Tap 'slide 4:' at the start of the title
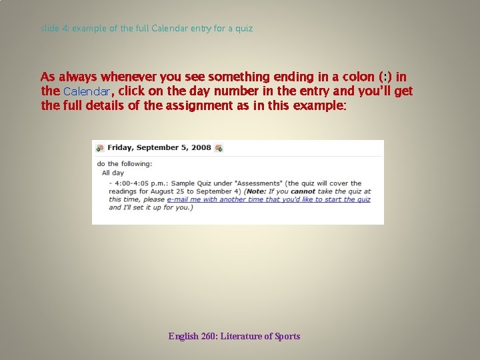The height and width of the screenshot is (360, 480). tap(55, 29)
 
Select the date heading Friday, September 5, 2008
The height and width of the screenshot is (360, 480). tap(159, 147)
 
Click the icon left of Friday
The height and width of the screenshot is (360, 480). tap(100, 148)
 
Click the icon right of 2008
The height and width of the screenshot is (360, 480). tap(219, 148)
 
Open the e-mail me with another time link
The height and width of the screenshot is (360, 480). tap(269, 199)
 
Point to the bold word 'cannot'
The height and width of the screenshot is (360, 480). tap(303, 191)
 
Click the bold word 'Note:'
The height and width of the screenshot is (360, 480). tap(257, 191)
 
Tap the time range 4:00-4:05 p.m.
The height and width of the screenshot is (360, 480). tap(141, 183)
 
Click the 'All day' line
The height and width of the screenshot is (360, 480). tap(113, 173)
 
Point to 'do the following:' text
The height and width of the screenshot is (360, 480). tap(125, 164)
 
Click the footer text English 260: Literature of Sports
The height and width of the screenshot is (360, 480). tap(234, 336)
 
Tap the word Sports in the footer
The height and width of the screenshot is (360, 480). tap(287, 336)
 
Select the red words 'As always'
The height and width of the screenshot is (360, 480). tap(69, 77)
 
